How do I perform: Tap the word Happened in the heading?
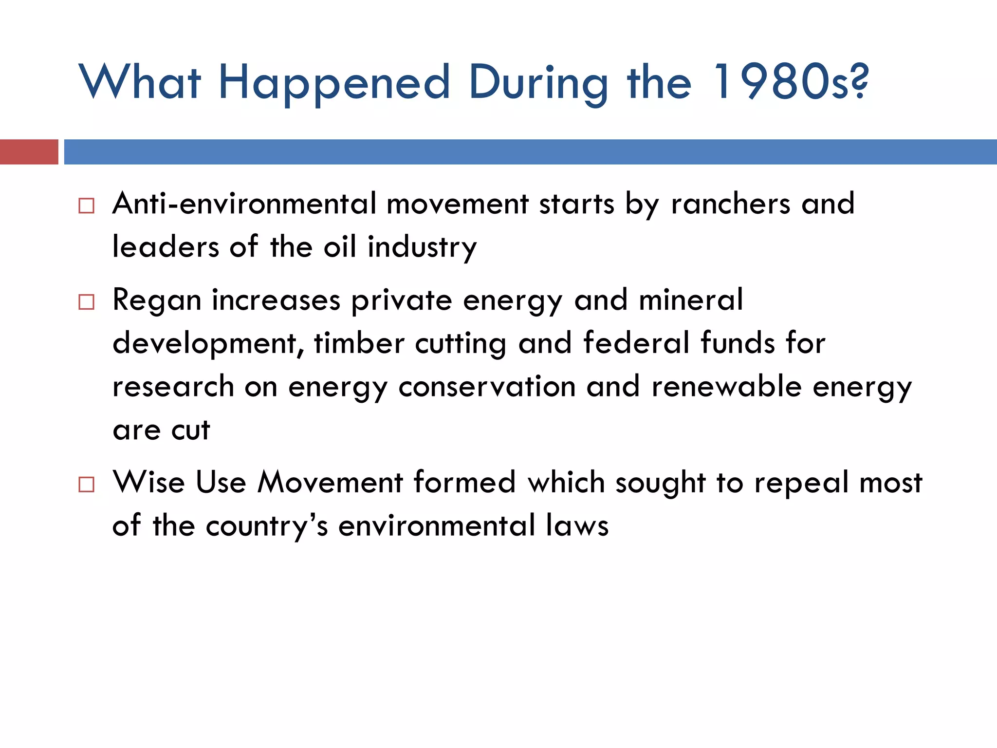(x=334, y=83)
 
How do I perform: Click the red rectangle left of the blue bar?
(x=29, y=152)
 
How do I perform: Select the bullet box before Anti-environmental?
(x=86, y=206)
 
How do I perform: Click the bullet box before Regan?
(x=86, y=302)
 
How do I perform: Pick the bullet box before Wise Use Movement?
(x=86, y=484)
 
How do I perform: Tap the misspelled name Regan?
(x=157, y=300)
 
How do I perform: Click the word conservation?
(x=487, y=387)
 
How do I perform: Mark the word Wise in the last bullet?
(x=148, y=482)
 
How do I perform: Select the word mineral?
(x=690, y=300)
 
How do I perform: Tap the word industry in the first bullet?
(x=422, y=247)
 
